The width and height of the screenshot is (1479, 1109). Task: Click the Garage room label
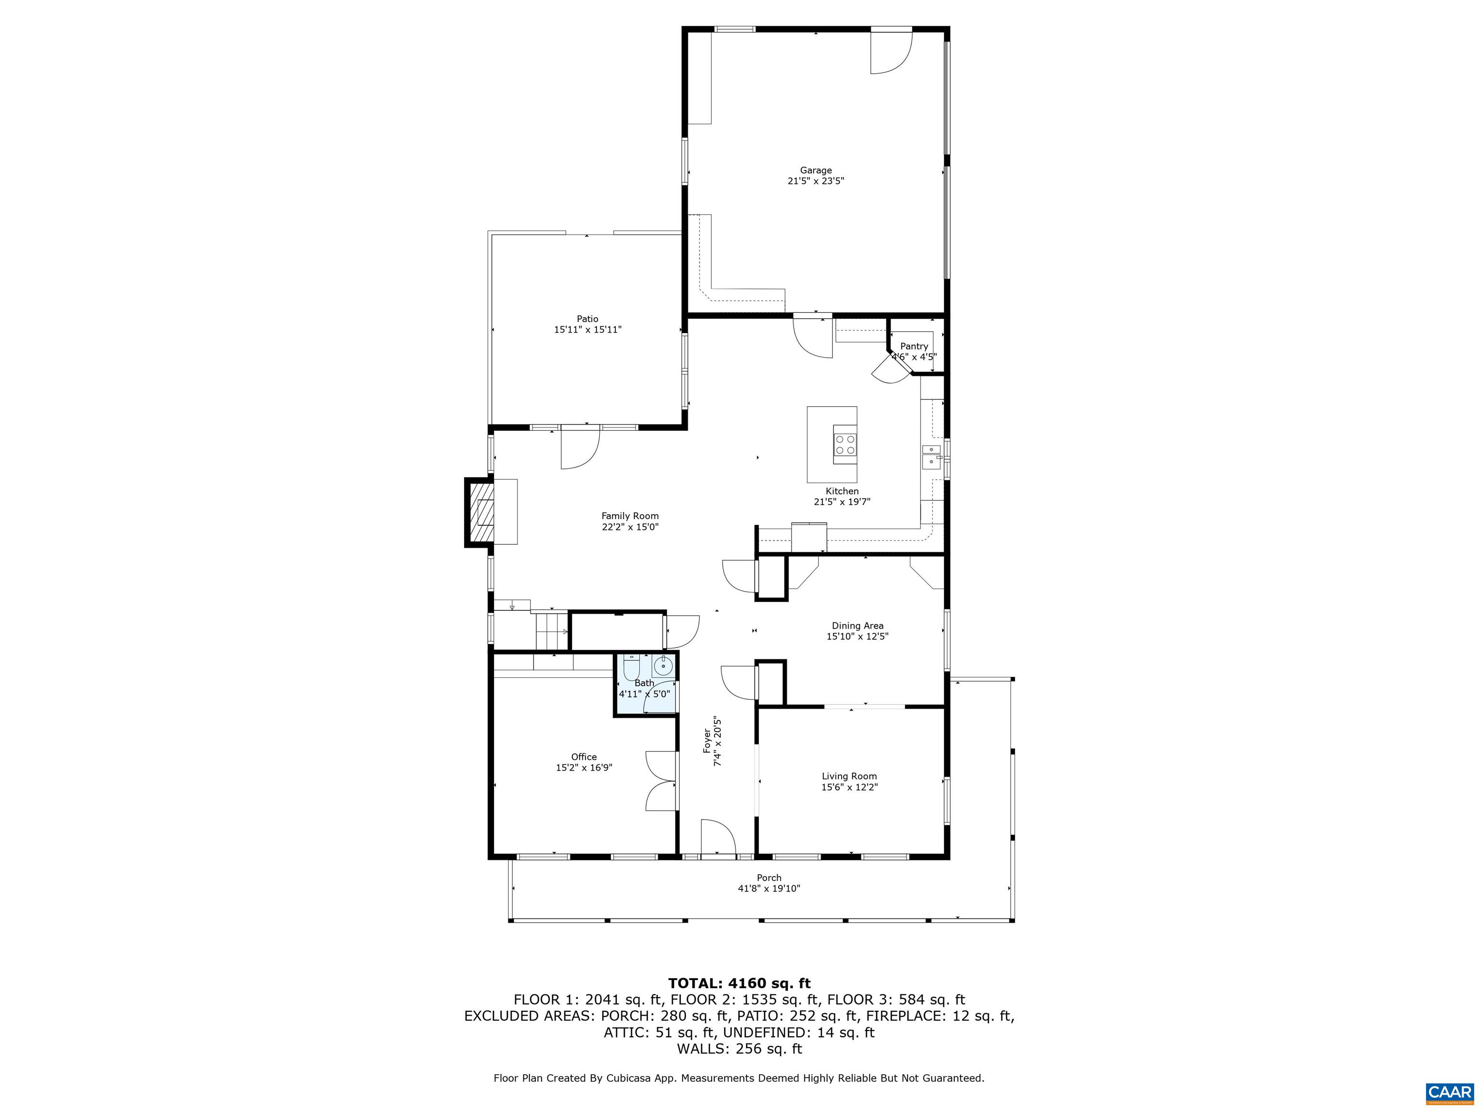tap(815, 170)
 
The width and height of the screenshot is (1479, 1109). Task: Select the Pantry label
tap(913, 346)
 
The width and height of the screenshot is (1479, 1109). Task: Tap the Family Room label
tap(629, 516)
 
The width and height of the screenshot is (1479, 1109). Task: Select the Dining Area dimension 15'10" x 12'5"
tap(856, 636)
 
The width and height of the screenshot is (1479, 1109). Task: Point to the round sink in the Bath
tap(662, 665)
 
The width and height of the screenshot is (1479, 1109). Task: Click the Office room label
tap(583, 757)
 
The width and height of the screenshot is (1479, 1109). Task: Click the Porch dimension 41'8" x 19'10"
tap(768, 889)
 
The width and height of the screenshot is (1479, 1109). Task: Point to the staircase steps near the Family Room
tap(551, 631)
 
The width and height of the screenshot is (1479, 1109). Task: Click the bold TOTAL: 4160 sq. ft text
tap(739, 983)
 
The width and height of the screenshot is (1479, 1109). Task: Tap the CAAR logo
tap(1449, 1092)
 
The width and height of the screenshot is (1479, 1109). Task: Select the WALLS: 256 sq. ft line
tap(739, 1049)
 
